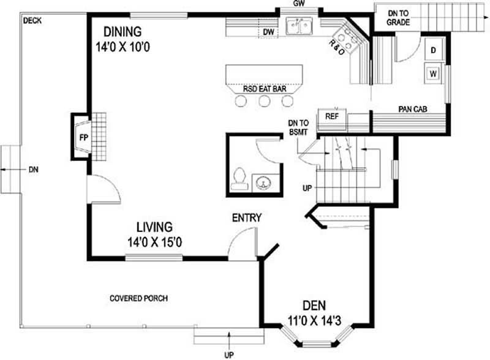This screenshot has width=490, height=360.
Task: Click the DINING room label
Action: point(123,31)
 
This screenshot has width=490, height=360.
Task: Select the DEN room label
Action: point(314,306)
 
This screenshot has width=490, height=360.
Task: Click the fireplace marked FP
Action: point(81,137)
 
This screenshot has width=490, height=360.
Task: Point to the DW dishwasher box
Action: point(268,32)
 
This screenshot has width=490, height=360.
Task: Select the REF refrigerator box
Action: point(331,116)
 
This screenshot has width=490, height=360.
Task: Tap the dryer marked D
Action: point(433,50)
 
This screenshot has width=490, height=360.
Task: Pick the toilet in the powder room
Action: point(239,178)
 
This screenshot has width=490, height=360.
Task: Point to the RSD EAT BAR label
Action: point(265,89)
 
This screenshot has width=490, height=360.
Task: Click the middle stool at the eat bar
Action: point(265,102)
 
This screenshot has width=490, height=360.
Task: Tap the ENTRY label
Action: point(246,217)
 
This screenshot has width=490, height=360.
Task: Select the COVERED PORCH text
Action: point(138,299)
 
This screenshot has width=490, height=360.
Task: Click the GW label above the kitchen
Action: point(299,4)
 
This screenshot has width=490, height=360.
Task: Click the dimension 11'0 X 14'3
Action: point(314,320)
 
